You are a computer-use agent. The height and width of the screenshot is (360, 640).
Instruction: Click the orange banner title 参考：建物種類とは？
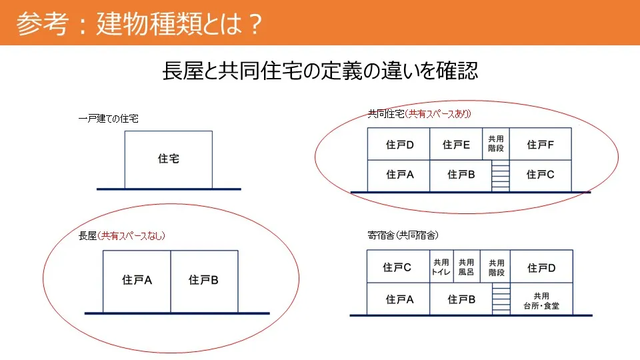139,24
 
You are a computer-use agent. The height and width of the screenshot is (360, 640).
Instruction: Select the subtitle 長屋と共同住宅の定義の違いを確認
320,71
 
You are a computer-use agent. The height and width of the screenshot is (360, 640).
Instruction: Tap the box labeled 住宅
168,159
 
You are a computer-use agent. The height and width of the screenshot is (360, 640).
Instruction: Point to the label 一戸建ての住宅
108,119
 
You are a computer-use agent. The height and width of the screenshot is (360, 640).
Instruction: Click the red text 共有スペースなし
131,235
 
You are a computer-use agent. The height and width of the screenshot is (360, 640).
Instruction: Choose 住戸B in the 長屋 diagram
204,281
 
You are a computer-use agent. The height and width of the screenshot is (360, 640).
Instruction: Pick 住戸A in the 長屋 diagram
137,281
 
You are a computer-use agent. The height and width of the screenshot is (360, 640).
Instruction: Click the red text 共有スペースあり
438,113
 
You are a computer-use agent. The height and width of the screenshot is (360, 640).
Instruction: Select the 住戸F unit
541,144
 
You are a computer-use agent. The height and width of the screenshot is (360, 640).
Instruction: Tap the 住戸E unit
456,144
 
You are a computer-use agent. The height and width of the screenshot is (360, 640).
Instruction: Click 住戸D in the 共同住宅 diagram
399,144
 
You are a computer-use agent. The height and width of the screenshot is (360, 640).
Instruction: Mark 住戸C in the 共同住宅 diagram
541,175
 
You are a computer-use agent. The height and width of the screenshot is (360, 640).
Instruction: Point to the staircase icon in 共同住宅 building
501,175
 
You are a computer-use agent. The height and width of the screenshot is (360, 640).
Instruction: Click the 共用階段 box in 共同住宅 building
496,144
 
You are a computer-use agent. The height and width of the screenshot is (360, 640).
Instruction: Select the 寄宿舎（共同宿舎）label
403,235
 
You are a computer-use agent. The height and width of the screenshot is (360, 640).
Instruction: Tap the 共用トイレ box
441,267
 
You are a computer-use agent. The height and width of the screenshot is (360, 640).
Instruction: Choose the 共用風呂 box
467,267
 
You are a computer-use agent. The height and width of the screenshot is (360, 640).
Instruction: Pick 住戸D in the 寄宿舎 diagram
541,267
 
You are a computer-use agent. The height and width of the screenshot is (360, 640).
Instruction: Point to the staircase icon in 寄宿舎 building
501,299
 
